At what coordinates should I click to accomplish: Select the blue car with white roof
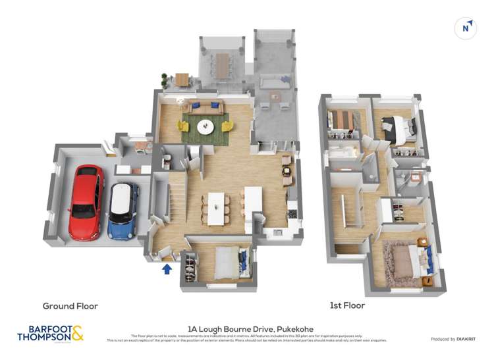pyautogui.click(x=123, y=210)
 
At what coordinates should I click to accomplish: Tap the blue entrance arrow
pyautogui.click(x=167, y=268)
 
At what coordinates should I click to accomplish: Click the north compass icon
pyautogui.click(x=466, y=28)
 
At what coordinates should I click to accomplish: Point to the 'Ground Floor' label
pyautogui.click(x=70, y=306)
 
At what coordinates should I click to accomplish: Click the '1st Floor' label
pyautogui.click(x=347, y=305)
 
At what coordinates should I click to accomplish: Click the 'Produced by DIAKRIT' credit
pyautogui.click(x=452, y=339)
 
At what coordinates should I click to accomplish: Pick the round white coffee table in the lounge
pyautogui.click(x=206, y=126)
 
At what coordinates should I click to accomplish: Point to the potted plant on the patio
pyautogui.click(x=164, y=80)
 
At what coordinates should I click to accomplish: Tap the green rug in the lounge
pyautogui.click(x=206, y=125)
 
